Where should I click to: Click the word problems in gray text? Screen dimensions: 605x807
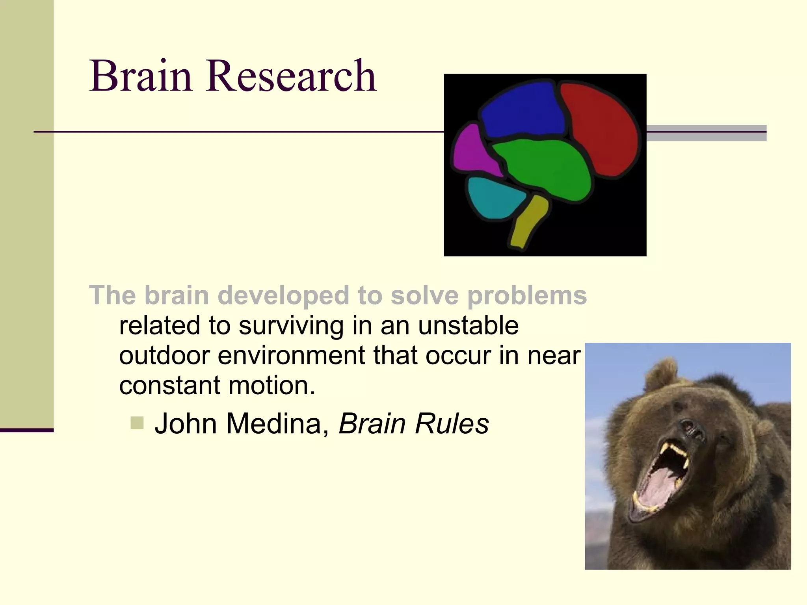[527, 295]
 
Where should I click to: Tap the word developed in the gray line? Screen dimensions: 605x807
[283, 295]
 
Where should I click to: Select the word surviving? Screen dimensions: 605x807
[291, 326]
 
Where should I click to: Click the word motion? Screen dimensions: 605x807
[271, 385]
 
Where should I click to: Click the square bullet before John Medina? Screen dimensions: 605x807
[137, 423]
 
